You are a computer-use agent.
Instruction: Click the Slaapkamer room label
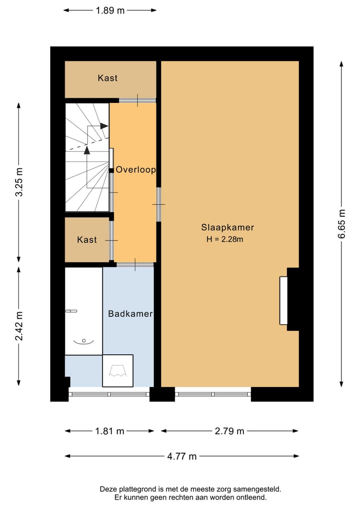click(x=227, y=227)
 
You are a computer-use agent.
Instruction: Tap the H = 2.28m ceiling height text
click(x=224, y=240)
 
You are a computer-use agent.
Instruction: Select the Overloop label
click(x=135, y=170)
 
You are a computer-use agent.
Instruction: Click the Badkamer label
click(x=130, y=314)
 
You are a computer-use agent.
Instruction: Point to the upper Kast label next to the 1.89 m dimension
click(x=107, y=78)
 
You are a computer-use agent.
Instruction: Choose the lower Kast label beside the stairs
click(x=87, y=240)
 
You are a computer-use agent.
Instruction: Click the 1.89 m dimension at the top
click(x=110, y=10)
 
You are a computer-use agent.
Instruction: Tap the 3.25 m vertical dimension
click(x=19, y=182)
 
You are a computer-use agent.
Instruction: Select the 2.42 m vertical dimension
click(x=19, y=326)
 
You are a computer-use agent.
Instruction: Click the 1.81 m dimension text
click(x=109, y=431)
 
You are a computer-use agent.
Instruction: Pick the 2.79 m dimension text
click(x=229, y=431)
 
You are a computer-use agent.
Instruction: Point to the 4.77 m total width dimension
click(x=182, y=456)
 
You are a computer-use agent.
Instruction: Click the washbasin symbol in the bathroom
click(x=83, y=341)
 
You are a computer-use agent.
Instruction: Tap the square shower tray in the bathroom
click(x=118, y=371)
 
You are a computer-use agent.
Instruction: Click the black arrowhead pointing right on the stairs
click(x=104, y=126)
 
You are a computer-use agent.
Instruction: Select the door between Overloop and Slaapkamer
click(x=158, y=204)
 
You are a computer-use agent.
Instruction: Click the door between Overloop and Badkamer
click(x=135, y=264)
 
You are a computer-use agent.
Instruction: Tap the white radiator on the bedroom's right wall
click(x=283, y=300)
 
